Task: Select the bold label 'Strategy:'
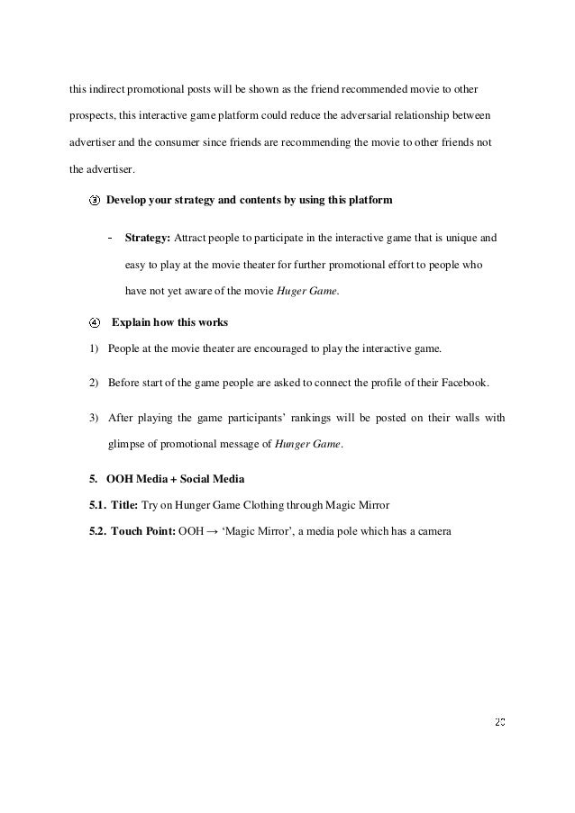click(145, 239)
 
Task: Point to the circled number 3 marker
click(96, 201)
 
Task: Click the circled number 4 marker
click(96, 321)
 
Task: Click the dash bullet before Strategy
click(109, 239)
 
